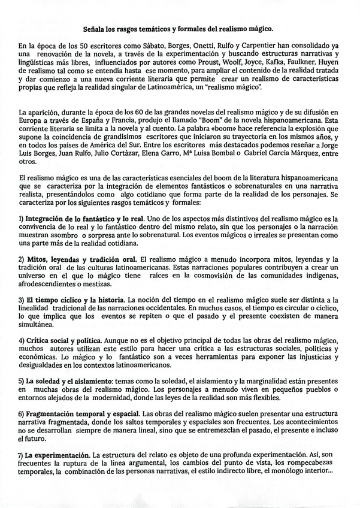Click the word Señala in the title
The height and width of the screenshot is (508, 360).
[95, 28]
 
